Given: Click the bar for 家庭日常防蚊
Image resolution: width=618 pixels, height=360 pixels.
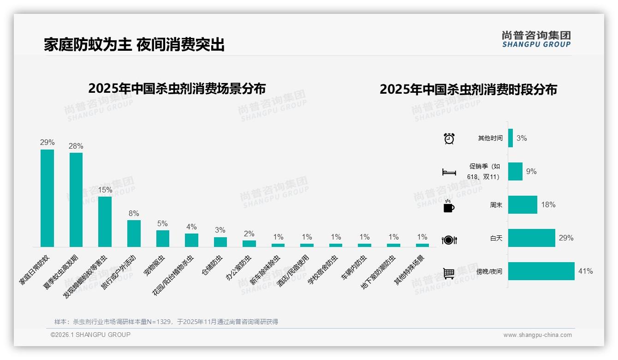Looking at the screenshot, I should [47, 198].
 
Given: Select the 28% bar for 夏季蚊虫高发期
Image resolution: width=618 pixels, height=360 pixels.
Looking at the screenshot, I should [76, 199].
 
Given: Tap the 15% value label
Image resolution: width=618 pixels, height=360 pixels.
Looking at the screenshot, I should [105, 190].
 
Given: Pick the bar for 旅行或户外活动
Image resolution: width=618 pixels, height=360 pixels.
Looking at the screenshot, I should [134, 233].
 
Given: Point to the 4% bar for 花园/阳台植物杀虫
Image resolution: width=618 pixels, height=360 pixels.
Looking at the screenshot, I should [191, 240].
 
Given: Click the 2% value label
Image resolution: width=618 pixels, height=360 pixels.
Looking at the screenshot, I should [249, 234].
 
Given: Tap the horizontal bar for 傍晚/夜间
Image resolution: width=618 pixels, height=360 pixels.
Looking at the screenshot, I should [541, 271].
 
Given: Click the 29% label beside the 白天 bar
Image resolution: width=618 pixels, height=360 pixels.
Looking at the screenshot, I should [566, 238].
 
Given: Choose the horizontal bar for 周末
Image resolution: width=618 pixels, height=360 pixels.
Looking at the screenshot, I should [523, 204].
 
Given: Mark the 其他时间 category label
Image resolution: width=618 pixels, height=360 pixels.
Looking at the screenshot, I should [490, 138].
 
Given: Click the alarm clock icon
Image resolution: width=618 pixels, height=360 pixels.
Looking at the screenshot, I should [449, 138].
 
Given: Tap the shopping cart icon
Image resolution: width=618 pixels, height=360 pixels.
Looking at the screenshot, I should [449, 273].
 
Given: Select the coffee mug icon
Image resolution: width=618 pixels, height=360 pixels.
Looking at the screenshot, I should [448, 206].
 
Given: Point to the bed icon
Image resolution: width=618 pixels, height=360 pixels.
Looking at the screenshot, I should [449, 172].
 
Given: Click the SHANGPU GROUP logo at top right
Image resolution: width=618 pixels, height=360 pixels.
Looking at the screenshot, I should [536, 39].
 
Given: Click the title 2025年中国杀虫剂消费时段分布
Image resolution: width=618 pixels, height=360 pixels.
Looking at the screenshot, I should [468, 90].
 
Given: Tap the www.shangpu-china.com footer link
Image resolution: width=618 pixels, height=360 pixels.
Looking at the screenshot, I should [537, 335].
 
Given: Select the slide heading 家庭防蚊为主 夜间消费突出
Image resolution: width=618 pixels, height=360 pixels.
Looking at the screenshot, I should [134, 45].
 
